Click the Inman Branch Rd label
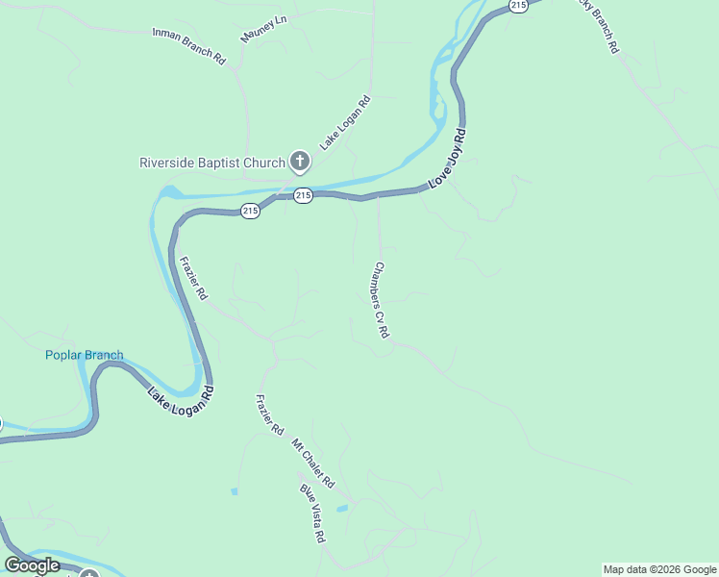tap(188, 45)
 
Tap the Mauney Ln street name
tap(264, 29)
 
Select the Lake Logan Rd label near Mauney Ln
tap(345, 122)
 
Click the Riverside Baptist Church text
tap(212, 163)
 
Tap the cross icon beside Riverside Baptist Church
tap(300, 162)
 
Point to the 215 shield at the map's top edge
tap(518, 6)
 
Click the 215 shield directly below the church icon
tap(303, 196)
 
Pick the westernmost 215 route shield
tap(250, 211)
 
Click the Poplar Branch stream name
tap(85, 356)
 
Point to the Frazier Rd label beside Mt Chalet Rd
tap(270, 414)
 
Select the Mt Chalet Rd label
tap(312, 463)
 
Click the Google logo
tap(33, 565)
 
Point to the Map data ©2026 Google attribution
tap(659, 569)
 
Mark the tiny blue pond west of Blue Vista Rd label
tap(234, 491)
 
